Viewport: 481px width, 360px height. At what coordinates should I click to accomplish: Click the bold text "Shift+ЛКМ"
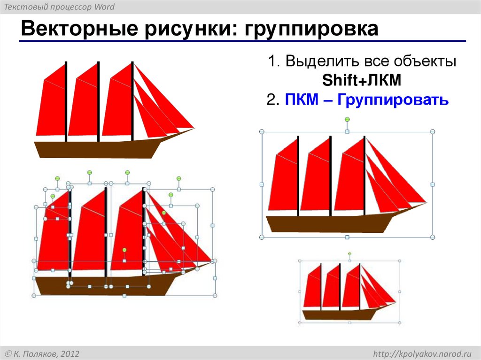click(362, 80)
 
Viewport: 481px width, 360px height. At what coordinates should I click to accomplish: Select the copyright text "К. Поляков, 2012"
click(47, 353)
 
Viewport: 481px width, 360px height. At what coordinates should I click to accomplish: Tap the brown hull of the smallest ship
click(338, 314)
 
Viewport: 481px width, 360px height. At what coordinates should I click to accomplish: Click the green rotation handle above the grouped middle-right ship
click(347, 120)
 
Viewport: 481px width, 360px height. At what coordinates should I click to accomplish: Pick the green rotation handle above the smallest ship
click(349, 254)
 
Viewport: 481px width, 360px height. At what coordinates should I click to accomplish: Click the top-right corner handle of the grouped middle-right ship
click(433, 132)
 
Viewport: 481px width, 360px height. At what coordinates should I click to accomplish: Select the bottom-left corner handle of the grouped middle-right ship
click(262, 238)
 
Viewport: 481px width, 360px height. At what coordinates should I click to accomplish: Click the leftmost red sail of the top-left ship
click(51, 108)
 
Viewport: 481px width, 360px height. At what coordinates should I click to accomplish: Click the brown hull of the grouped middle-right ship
click(329, 223)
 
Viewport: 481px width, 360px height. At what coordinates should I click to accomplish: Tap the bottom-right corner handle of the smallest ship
click(400, 323)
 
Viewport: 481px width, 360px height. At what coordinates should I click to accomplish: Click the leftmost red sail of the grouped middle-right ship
click(284, 183)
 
